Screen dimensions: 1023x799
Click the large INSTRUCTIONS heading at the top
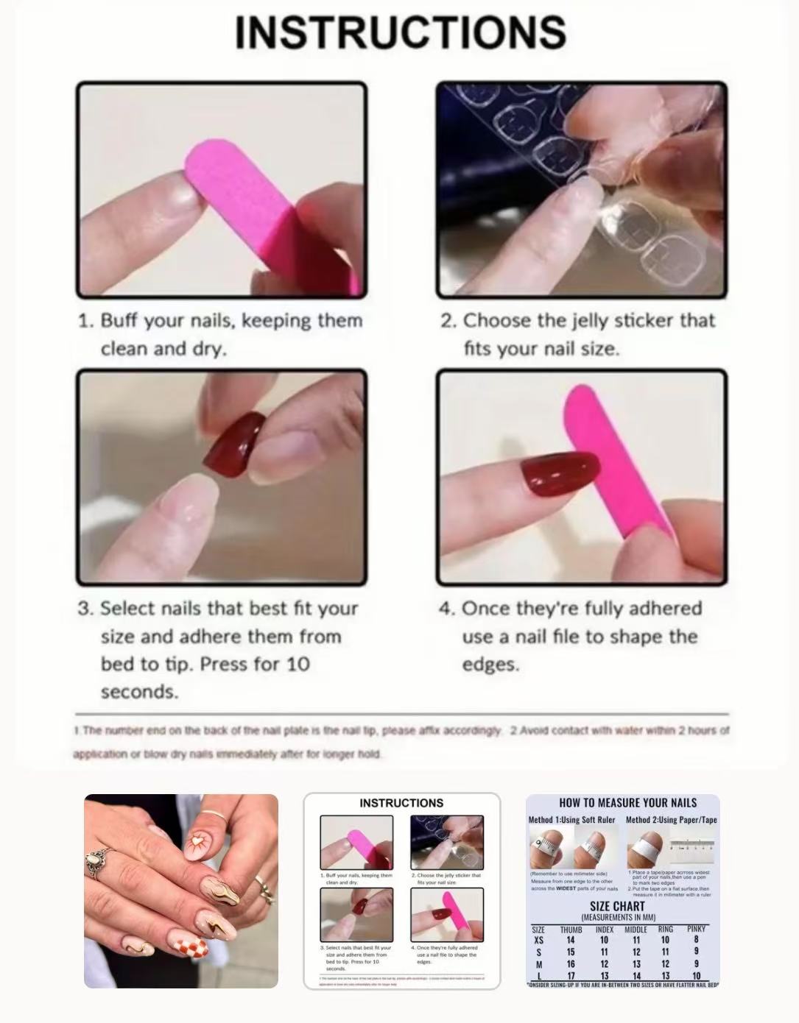tap(400, 32)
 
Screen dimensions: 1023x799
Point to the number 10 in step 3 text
tap(297, 664)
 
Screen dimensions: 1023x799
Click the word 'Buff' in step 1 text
tap(119, 321)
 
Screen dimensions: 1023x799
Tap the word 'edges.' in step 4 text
tap(490, 664)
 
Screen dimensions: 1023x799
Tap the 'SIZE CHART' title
tap(617, 906)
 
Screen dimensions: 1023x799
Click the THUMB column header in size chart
tap(571, 930)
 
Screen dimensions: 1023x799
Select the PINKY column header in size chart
tap(696, 929)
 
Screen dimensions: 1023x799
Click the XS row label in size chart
tap(538, 940)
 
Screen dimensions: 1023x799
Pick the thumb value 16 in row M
tap(571, 964)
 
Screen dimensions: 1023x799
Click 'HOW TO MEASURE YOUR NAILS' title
tap(627, 803)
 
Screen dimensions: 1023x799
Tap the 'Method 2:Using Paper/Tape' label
tap(671, 820)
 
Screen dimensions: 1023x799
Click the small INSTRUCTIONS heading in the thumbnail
tap(401, 803)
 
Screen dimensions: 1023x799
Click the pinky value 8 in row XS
tap(696, 939)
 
